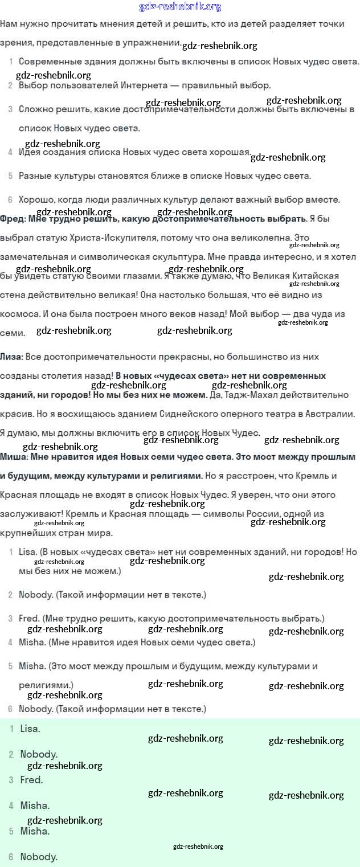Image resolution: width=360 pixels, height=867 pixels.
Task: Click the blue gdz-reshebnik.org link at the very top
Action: click(x=180, y=7)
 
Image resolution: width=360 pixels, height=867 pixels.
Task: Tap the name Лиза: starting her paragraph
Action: click(x=12, y=356)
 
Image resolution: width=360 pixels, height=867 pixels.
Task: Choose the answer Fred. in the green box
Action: click(x=32, y=780)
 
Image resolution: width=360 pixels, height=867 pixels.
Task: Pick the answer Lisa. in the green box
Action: click(x=30, y=728)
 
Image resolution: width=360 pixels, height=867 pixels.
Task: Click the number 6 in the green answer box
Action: click(x=11, y=857)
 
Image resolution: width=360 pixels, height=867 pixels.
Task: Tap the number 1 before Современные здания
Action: click(x=11, y=61)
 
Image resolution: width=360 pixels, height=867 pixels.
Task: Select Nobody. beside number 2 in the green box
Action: click(x=39, y=754)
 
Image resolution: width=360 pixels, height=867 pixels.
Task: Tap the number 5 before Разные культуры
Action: click(x=11, y=175)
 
